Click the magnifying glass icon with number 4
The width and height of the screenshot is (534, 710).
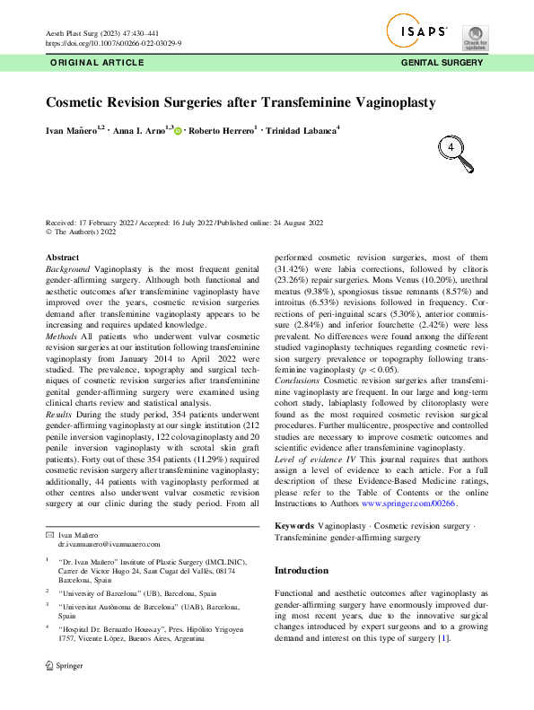457,152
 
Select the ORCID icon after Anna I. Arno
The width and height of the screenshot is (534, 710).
178,132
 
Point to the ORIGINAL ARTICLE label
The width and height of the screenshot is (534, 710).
96,63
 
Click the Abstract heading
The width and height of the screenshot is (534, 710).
62,258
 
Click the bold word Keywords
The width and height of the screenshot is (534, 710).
293,525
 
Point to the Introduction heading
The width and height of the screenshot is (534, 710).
301,570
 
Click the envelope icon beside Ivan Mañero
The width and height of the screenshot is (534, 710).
49,534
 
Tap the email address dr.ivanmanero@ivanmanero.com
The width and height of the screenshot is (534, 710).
109,544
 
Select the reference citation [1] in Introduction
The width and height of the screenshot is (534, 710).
442,638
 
